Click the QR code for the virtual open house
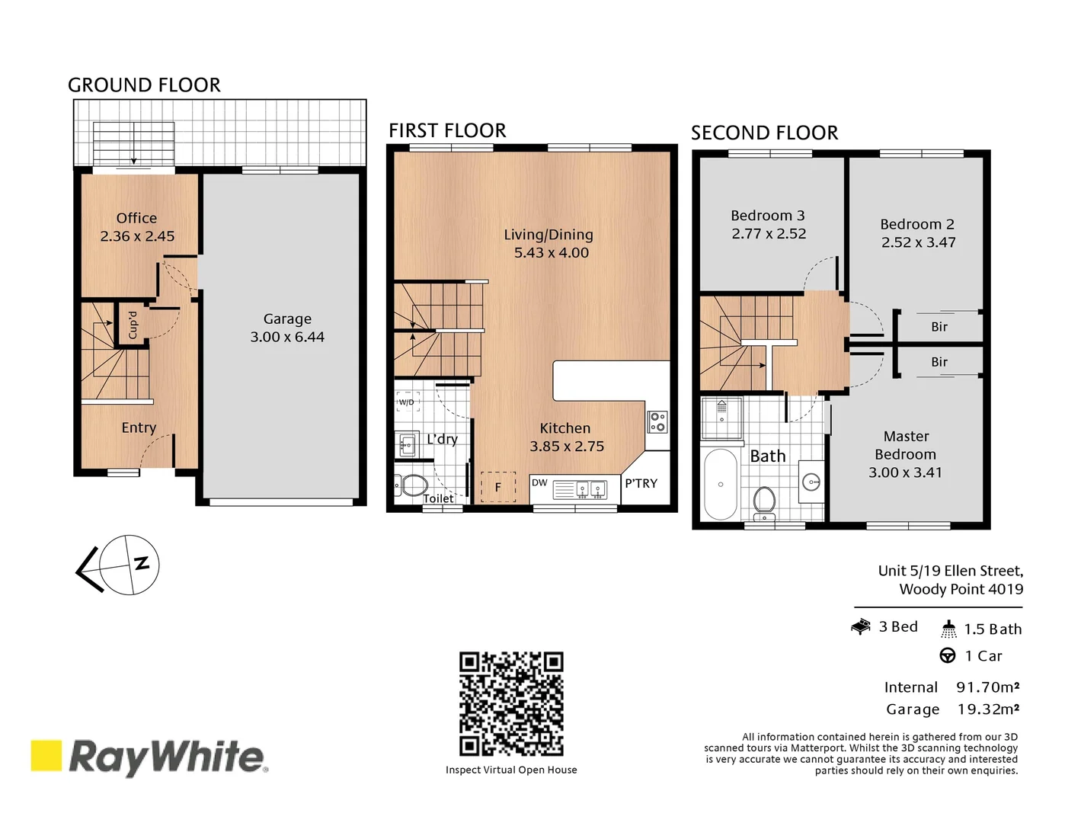coord(511,704)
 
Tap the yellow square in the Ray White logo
coord(46,755)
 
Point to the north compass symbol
coord(130,565)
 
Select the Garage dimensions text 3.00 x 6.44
coord(287,337)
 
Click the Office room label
coord(136,218)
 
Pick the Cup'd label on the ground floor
coord(132,325)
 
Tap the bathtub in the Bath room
coord(721,484)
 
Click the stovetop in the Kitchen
coord(657,421)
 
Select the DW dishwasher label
coord(539,482)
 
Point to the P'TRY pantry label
coord(641,483)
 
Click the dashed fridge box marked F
coord(498,487)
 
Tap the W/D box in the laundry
coord(407,402)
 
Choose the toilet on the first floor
coord(412,485)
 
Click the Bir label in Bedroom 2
coord(939,327)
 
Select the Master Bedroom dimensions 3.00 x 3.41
coord(905,472)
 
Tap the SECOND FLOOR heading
coord(764,133)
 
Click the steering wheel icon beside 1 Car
coord(948,655)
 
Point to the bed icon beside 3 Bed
coord(861,627)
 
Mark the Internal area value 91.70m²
coord(988,687)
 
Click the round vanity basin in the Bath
coord(812,482)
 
